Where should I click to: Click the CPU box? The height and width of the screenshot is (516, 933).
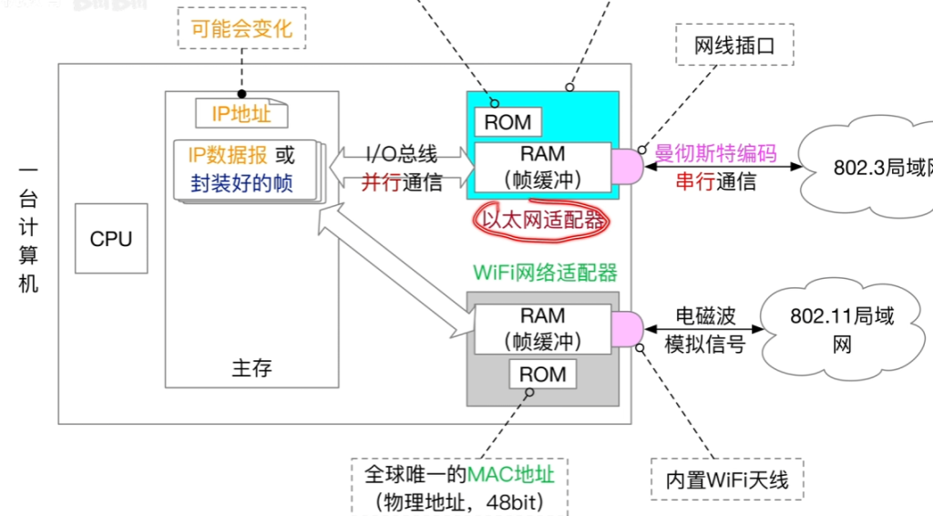[x=111, y=239]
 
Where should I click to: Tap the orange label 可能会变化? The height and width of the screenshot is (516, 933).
[x=242, y=28]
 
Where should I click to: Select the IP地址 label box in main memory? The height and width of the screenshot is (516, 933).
[x=241, y=113]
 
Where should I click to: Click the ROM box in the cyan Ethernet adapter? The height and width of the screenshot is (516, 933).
[x=508, y=121]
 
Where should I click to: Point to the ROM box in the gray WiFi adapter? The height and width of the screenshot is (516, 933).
[x=542, y=374]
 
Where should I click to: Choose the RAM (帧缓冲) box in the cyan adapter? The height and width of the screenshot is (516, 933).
[x=542, y=167]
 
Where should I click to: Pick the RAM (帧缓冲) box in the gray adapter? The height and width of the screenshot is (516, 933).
[x=542, y=328]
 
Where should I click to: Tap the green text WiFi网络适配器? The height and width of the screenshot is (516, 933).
[x=545, y=272]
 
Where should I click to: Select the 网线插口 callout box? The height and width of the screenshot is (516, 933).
[x=734, y=45]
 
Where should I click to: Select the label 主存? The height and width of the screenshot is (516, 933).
[x=251, y=368]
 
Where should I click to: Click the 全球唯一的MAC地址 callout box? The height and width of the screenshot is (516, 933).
[x=459, y=487]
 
